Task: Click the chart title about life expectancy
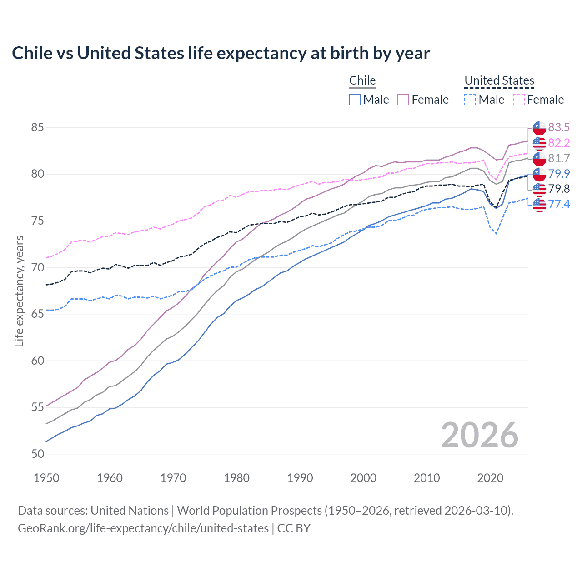(221, 53)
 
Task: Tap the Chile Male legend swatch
(355, 100)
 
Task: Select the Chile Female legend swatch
(403, 100)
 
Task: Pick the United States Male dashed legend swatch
(470, 100)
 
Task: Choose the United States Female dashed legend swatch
(519, 100)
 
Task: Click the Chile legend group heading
(362, 80)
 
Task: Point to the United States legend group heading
(499, 80)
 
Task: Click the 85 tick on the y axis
(37, 127)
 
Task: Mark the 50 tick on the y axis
(37, 454)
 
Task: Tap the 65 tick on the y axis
(37, 314)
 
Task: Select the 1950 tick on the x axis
(46, 478)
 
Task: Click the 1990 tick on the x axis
(300, 478)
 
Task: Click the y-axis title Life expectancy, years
(19, 291)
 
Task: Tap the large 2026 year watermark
(479, 435)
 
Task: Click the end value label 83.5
(559, 127)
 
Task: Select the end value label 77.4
(559, 204)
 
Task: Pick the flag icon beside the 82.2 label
(539, 143)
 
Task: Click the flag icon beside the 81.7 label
(539, 159)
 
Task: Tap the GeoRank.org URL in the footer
(143, 528)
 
